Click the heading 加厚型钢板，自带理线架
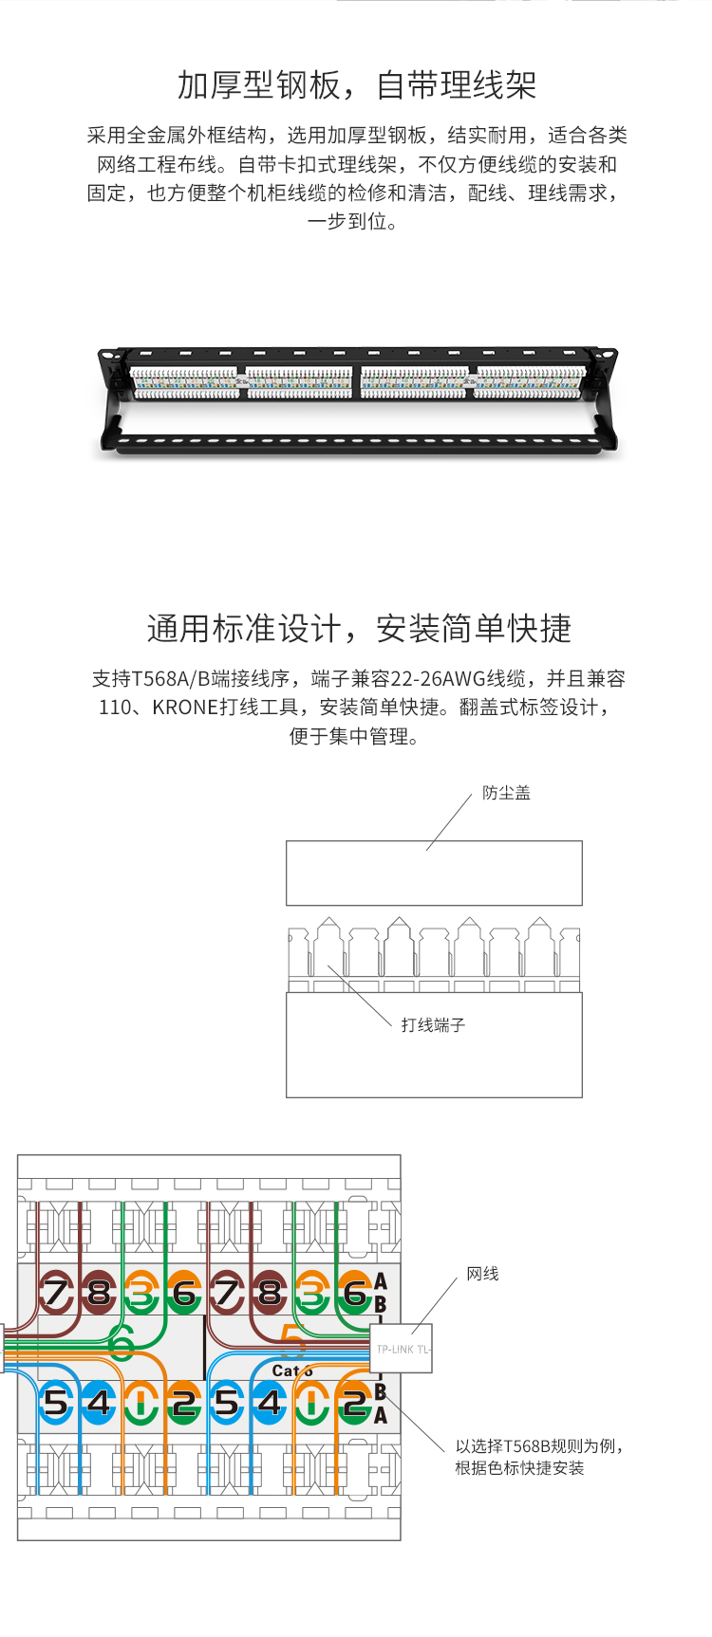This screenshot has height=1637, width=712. pyautogui.click(x=356, y=85)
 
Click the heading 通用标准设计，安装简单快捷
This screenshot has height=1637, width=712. pyautogui.click(x=359, y=629)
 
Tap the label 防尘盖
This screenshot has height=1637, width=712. pyautogui.click(x=506, y=793)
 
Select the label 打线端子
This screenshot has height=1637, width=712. pyautogui.click(x=433, y=1024)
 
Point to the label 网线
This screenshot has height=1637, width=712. pyautogui.click(x=482, y=1274)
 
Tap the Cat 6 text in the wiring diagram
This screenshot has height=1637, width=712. pyautogui.click(x=290, y=1370)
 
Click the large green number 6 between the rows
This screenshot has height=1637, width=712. pyautogui.click(x=122, y=1342)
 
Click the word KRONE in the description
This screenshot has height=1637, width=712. pyautogui.click(x=185, y=708)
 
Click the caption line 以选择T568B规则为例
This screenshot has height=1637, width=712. pyautogui.click(x=538, y=1446)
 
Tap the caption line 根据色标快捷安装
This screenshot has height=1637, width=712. pyautogui.click(x=519, y=1468)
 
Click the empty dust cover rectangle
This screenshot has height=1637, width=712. pyautogui.click(x=434, y=873)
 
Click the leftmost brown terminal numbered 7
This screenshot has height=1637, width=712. pyautogui.click(x=56, y=1293)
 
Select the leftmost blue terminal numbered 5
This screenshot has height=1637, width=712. pyautogui.click(x=56, y=1402)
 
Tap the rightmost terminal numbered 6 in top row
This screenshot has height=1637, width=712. pyautogui.click(x=354, y=1293)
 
